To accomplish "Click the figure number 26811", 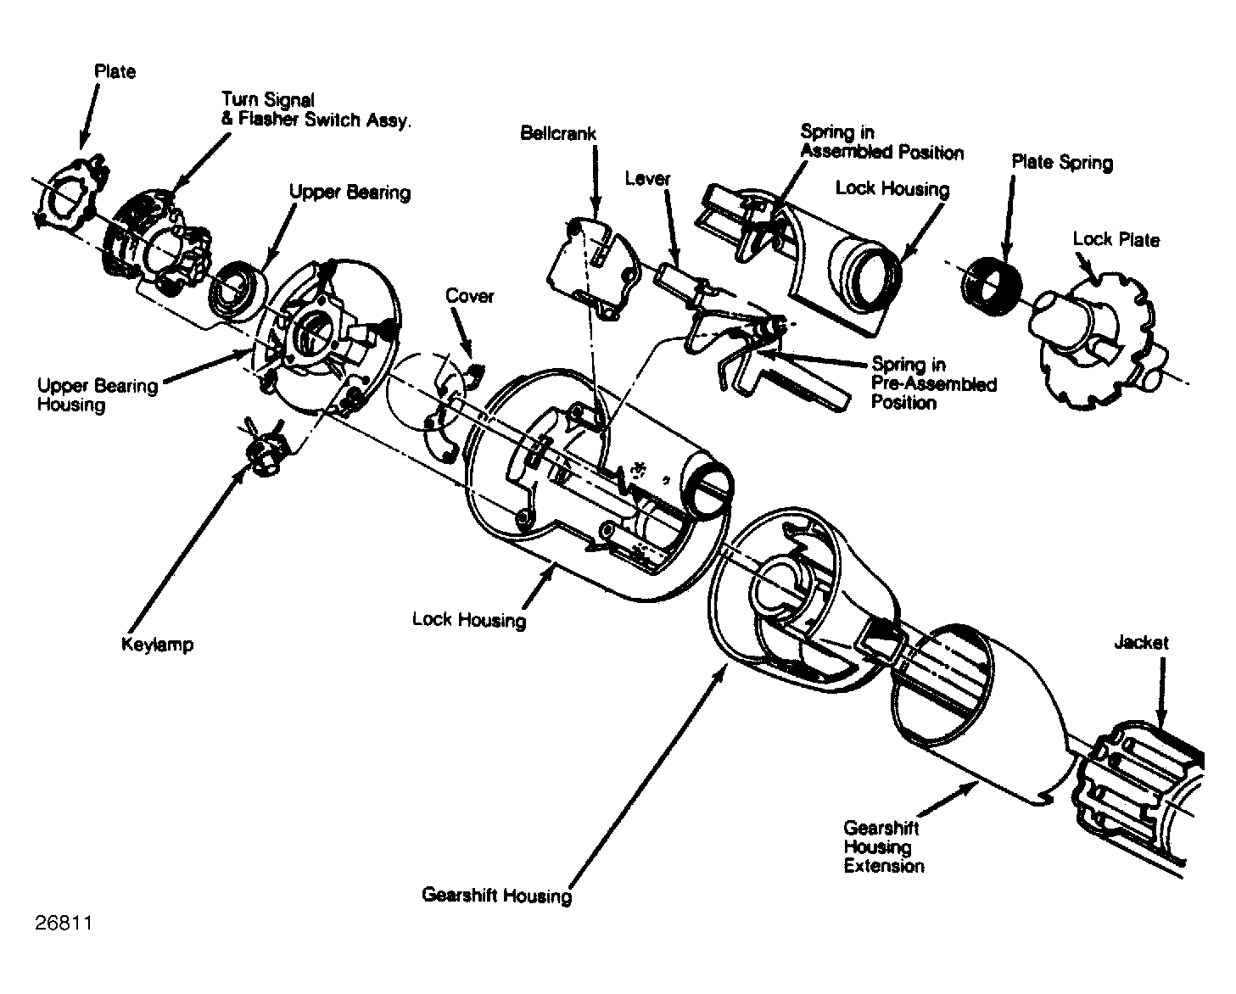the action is tap(64, 924).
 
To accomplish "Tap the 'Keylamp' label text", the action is tap(158, 645).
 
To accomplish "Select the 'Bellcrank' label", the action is tap(557, 133).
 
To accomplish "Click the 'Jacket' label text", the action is tap(1141, 642).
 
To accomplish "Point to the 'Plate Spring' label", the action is tap(1062, 163).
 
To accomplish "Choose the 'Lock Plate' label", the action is tap(1116, 239).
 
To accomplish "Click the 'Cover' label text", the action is tap(469, 296).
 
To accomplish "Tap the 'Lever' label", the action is tap(647, 179).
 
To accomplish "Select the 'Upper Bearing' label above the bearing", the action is tap(350, 193).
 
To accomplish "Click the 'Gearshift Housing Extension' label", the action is tap(883, 847).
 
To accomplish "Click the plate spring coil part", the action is tap(992, 285).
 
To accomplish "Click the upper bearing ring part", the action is tap(239, 290).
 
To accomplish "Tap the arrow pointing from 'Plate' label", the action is tap(89, 116).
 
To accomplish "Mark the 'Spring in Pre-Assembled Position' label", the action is tap(933, 383).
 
